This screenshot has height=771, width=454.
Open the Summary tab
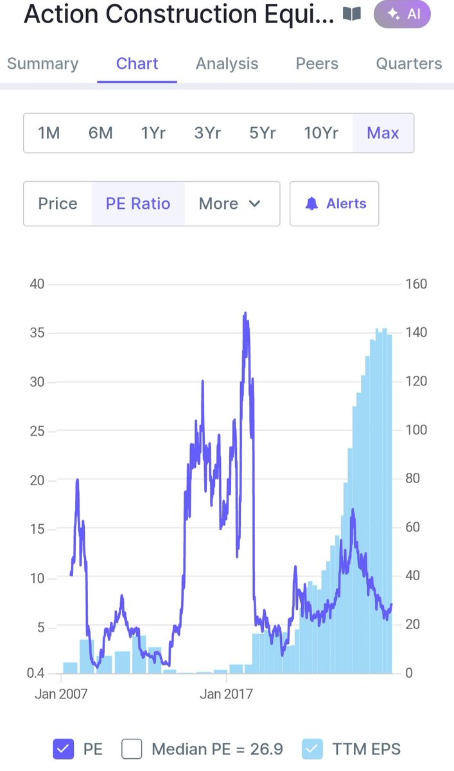[x=42, y=64]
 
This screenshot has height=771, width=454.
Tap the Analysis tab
[x=227, y=64]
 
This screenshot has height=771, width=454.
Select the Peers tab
[x=317, y=64]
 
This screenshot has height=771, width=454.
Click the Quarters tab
[x=409, y=64]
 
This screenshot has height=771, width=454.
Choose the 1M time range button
[x=49, y=133]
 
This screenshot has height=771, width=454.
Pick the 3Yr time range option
[x=207, y=133]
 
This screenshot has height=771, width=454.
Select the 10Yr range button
[x=321, y=133]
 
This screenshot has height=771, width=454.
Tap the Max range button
[x=383, y=133]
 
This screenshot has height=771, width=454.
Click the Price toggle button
[x=58, y=204]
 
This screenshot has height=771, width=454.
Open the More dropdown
[x=229, y=204]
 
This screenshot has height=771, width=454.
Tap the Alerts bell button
[x=335, y=204]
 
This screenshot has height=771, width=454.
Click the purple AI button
[x=402, y=14]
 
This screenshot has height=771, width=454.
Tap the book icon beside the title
[x=352, y=13]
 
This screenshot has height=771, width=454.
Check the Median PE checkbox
[x=132, y=749]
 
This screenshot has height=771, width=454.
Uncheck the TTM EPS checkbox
[x=312, y=749]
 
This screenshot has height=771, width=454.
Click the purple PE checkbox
[x=64, y=749]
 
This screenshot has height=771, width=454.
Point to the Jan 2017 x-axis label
[x=226, y=694]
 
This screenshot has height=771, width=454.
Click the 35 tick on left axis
[x=37, y=333]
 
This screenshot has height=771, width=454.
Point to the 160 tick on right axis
[x=416, y=284]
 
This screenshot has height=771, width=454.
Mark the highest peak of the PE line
[x=245, y=313]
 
